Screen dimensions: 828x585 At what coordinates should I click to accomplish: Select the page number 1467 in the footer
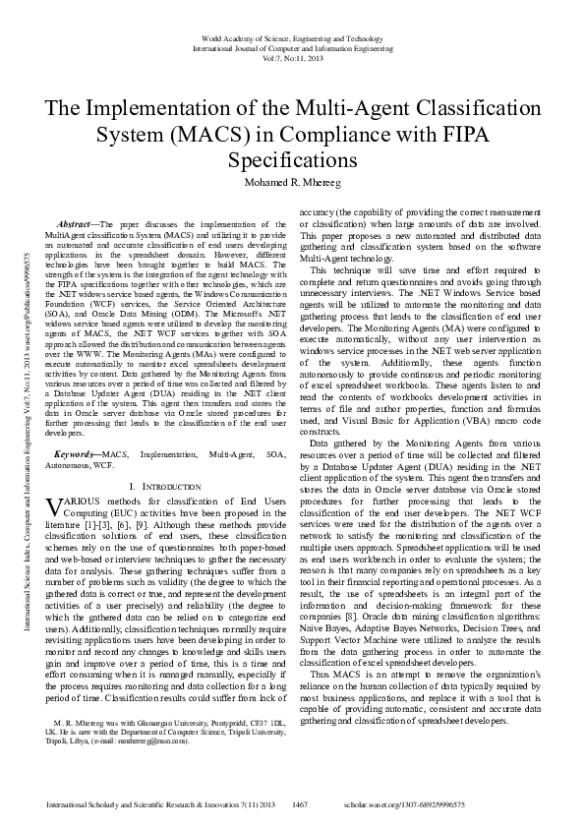pyautogui.click(x=302, y=804)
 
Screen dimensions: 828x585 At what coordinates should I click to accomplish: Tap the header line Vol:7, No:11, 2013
pyautogui.click(x=292, y=57)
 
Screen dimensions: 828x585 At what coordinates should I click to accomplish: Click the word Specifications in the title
pyautogui.click(x=292, y=159)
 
